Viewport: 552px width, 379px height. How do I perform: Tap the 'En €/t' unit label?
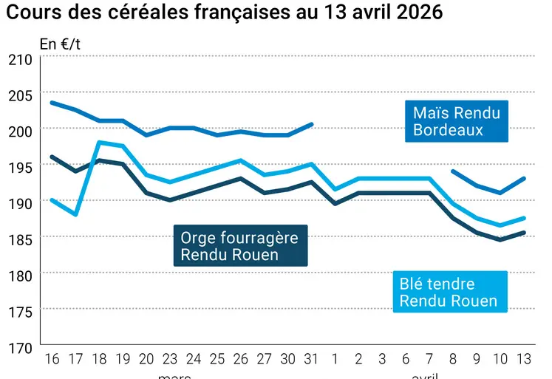click(60, 44)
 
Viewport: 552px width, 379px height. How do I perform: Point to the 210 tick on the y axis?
click(19, 58)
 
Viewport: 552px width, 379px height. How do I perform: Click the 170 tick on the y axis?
click(19, 346)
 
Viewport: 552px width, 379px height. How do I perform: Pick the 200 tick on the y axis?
click(19, 130)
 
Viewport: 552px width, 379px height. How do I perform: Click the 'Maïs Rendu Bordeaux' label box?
click(457, 121)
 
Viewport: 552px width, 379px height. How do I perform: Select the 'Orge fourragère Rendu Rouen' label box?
click(239, 246)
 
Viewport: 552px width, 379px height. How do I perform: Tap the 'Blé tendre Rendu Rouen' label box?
click(448, 293)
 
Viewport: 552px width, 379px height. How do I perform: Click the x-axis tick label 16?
click(51, 360)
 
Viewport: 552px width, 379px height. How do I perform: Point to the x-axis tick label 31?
click(312, 360)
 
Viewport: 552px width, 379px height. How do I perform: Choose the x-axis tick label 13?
click(524, 360)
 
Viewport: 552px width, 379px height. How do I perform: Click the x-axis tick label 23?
click(170, 360)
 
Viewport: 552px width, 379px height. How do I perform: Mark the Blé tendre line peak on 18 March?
click(99, 143)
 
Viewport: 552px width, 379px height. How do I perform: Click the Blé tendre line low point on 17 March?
click(75, 214)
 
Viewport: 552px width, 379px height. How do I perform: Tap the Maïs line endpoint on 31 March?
click(312, 124)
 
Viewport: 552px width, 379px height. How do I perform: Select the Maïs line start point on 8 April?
click(453, 171)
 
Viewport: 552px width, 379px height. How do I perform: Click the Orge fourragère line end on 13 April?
click(524, 233)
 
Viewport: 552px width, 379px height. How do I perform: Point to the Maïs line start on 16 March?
click(51, 103)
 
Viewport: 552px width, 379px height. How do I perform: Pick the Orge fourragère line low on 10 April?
click(500, 239)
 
